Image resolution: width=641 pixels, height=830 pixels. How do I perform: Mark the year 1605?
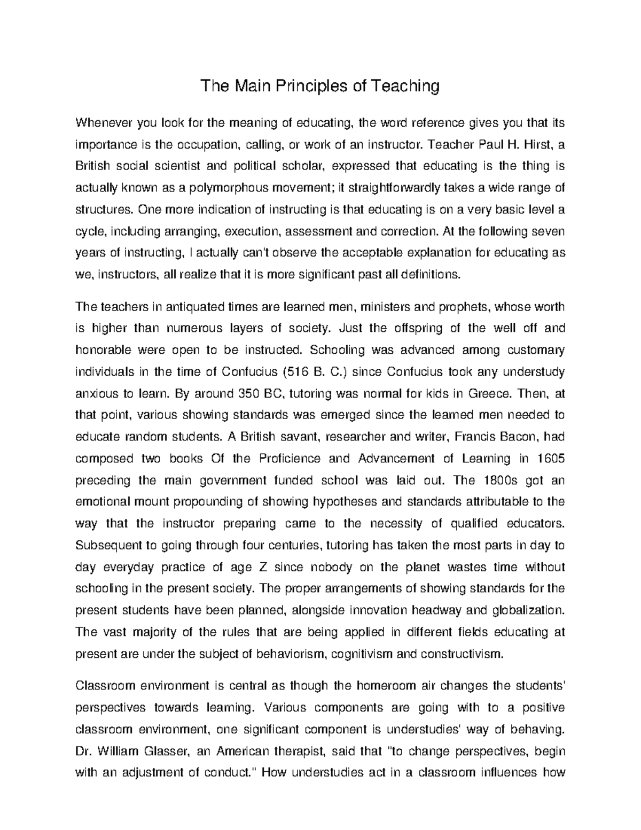pos(551,459)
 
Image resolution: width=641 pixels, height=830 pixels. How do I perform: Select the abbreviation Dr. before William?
pos(82,751)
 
